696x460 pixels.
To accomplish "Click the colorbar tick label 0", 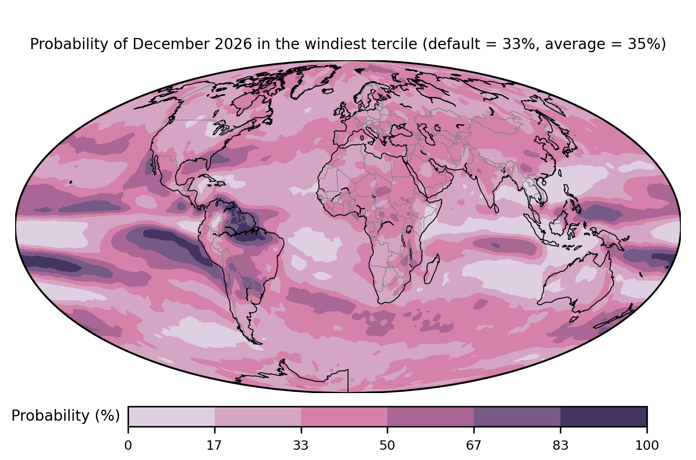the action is coord(128,446).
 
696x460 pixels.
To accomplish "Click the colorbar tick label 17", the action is coord(215,446).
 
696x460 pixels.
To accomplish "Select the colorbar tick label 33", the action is coord(301,446).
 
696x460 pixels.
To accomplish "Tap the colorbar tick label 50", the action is coord(387,446).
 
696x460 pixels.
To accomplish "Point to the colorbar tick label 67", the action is coord(473,446).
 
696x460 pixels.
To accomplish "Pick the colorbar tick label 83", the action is coord(560,446).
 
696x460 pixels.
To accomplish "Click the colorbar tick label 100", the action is coord(647,446).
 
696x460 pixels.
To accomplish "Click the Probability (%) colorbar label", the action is coord(66,416).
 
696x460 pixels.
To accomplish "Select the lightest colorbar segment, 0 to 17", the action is coord(171,416).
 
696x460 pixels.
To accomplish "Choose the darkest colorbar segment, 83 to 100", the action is coord(604,416).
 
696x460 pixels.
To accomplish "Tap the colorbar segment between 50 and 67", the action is coord(431,416).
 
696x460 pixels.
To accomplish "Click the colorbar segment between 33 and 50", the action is coord(344,416).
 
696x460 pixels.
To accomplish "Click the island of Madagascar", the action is coord(432,269).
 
